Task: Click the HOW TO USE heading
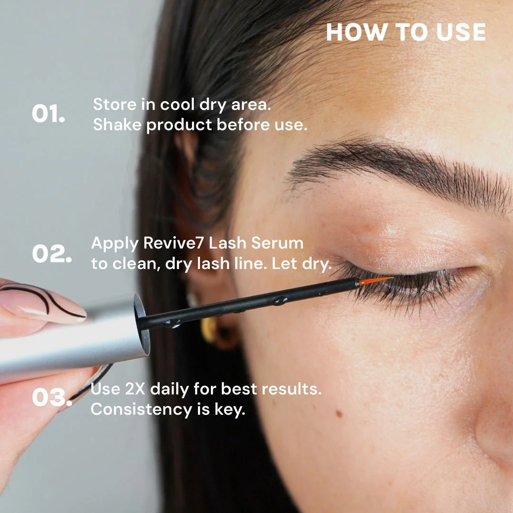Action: (x=406, y=32)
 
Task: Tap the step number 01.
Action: (x=48, y=114)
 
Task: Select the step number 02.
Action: (x=52, y=254)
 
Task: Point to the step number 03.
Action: (x=52, y=398)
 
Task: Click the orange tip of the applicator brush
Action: (x=375, y=281)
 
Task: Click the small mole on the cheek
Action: (x=339, y=414)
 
